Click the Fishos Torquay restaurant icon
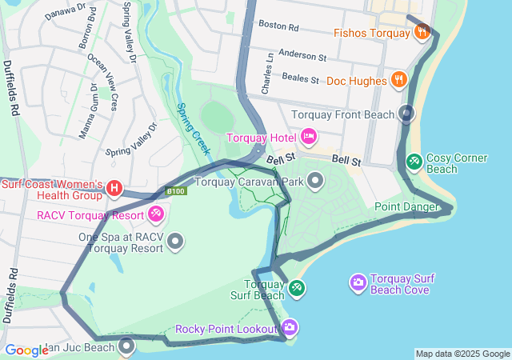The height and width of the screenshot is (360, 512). pos(422,32)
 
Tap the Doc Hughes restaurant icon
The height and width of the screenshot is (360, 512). pos(398,80)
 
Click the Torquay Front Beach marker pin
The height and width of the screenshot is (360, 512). pos(406,114)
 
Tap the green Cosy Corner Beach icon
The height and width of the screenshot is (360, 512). pos(414,161)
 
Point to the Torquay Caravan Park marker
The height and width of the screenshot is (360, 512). pos(315,181)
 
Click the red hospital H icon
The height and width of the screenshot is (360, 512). pos(114,189)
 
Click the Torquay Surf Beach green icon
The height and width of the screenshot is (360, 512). pos(297,287)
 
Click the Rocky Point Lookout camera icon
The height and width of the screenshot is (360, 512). pos(290,326)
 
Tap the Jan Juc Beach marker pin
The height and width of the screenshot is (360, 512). pos(127,346)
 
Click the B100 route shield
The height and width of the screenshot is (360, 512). pos(176,191)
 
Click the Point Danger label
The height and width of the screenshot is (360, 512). pos(406,207)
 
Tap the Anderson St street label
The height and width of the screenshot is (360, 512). pos(302,57)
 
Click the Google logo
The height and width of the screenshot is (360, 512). pos(26,350)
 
